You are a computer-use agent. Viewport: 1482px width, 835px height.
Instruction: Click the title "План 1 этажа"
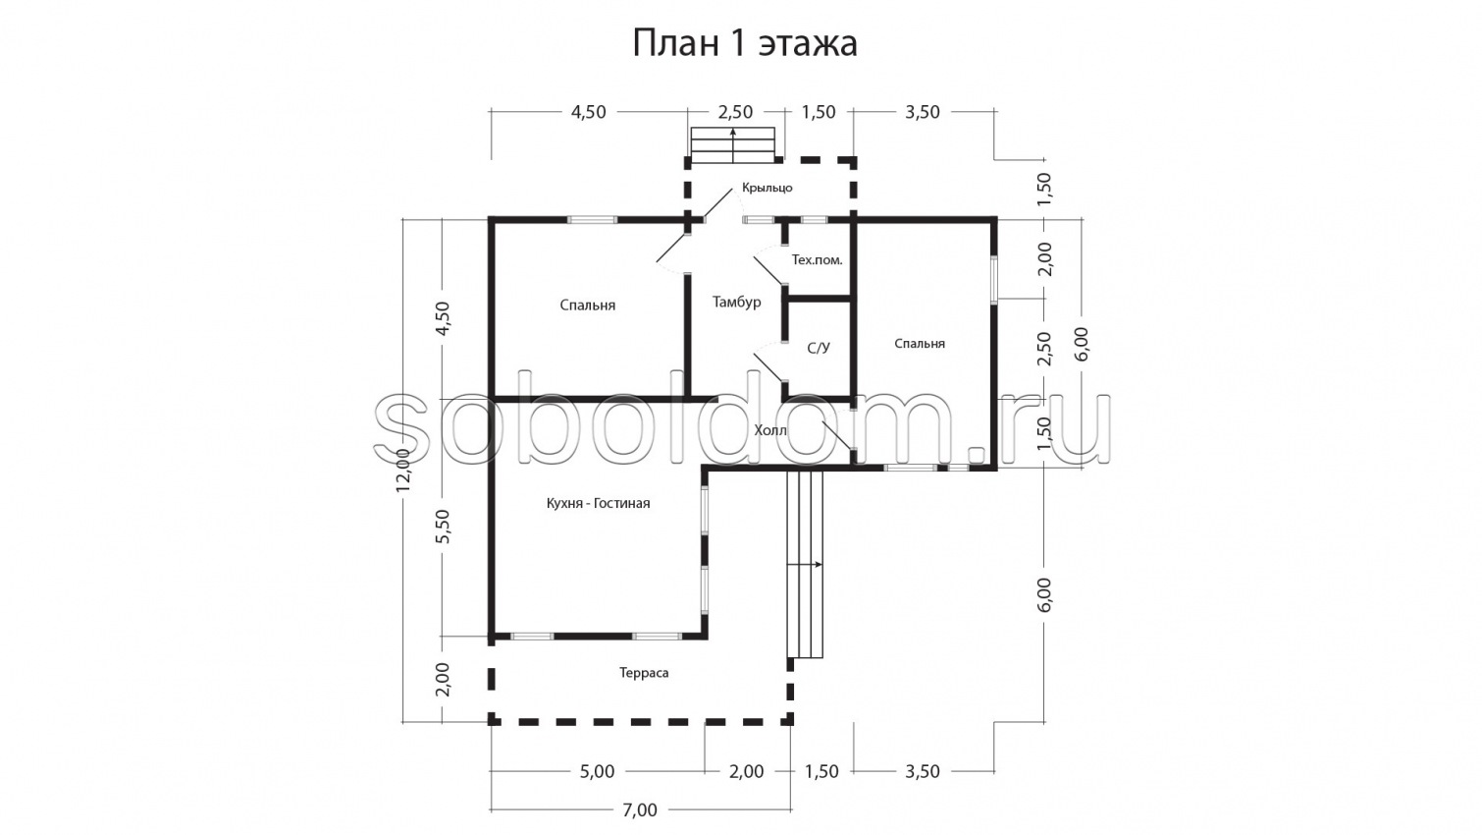[x=744, y=43]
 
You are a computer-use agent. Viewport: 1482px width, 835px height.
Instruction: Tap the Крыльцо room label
[x=767, y=188]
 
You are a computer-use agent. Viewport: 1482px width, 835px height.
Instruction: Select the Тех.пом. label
[x=817, y=260]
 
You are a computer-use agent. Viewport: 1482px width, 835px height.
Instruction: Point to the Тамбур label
[x=736, y=303]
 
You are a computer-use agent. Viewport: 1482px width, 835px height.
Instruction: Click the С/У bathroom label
[x=819, y=348]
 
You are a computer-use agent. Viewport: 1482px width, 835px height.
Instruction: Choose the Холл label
[x=770, y=430]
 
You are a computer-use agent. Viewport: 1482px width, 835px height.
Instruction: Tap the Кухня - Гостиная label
[x=598, y=503]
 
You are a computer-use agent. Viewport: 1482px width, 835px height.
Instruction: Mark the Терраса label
[x=644, y=673]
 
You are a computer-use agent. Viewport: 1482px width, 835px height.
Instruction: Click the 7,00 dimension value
[x=640, y=810]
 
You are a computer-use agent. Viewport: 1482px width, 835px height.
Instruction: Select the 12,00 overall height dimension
[x=403, y=471]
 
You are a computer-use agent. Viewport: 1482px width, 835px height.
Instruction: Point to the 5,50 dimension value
[x=443, y=527]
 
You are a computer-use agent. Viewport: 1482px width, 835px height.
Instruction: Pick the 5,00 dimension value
[x=597, y=772]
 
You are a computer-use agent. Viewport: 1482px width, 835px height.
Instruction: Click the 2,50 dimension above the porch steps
[x=735, y=112]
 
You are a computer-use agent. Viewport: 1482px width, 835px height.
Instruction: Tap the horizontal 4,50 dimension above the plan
[x=588, y=112]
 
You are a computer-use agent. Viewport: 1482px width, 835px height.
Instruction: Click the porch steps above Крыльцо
[x=732, y=143]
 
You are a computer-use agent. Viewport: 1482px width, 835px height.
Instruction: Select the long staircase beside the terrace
[x=805, y=564]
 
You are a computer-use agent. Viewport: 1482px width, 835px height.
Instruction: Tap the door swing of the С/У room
[x=768, y=367]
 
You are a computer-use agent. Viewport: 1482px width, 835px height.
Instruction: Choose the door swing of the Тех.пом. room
[x=768, y=270]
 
